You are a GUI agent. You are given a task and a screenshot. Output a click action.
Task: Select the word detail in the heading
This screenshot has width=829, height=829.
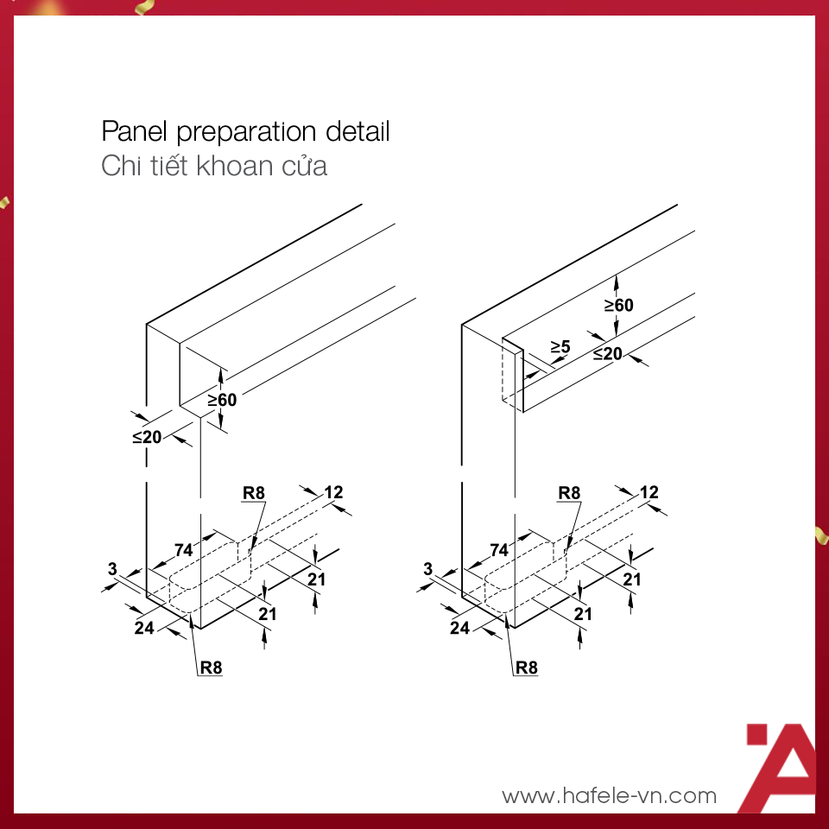click(x=358, y=132)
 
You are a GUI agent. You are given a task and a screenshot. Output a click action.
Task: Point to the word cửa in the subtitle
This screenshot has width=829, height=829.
click(x=307, y=166)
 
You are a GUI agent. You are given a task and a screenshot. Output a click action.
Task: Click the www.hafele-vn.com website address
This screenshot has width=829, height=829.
click(x=609, y=795)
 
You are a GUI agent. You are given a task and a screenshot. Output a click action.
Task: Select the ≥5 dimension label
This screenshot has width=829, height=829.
click(x=560, y=347)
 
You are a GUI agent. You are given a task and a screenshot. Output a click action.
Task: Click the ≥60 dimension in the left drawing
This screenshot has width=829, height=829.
click(x=222, y=399)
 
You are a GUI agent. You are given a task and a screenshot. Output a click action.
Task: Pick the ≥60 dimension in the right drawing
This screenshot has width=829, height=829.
click(x=618, y=305)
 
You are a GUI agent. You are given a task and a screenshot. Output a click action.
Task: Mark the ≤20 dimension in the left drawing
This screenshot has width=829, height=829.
click(x=147, y=437)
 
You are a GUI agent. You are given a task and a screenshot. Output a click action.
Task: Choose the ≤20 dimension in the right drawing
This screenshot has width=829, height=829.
click(x=608, y=353)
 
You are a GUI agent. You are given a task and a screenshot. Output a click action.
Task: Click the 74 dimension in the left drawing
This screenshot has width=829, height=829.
click(x=183, y=550)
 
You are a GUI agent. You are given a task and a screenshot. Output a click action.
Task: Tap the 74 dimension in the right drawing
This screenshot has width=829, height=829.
click(x=499, y=550)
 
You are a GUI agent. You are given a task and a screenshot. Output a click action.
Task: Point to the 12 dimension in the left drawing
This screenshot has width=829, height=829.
click(x=333, y=492)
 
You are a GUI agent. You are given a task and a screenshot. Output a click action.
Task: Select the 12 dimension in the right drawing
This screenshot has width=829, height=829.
click(x=649, y=492)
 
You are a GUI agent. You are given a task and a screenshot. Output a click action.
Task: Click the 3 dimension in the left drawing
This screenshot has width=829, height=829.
click(x=112, y=568)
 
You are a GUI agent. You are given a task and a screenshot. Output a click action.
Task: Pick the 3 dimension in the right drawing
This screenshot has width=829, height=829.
click(x=428, y=568)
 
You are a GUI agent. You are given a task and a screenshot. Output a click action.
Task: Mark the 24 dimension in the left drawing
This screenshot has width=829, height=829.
click(x=144, y=628)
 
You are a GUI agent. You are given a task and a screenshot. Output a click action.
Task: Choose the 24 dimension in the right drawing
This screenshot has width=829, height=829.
click(x=459, y=628)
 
